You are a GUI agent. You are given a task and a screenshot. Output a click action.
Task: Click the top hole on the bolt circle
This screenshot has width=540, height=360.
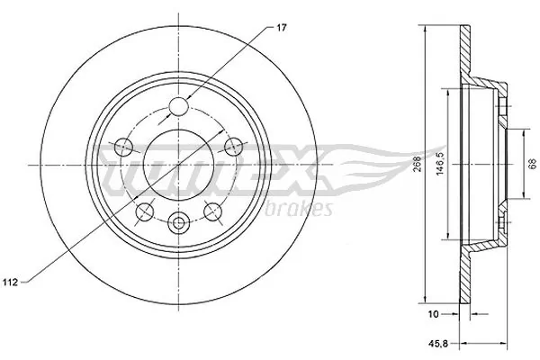pos(178,106)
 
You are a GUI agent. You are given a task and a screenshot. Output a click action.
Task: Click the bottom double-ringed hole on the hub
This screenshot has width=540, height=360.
pos(178,221)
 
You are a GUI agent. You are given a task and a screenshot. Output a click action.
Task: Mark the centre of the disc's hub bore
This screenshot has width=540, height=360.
pos(178,165)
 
